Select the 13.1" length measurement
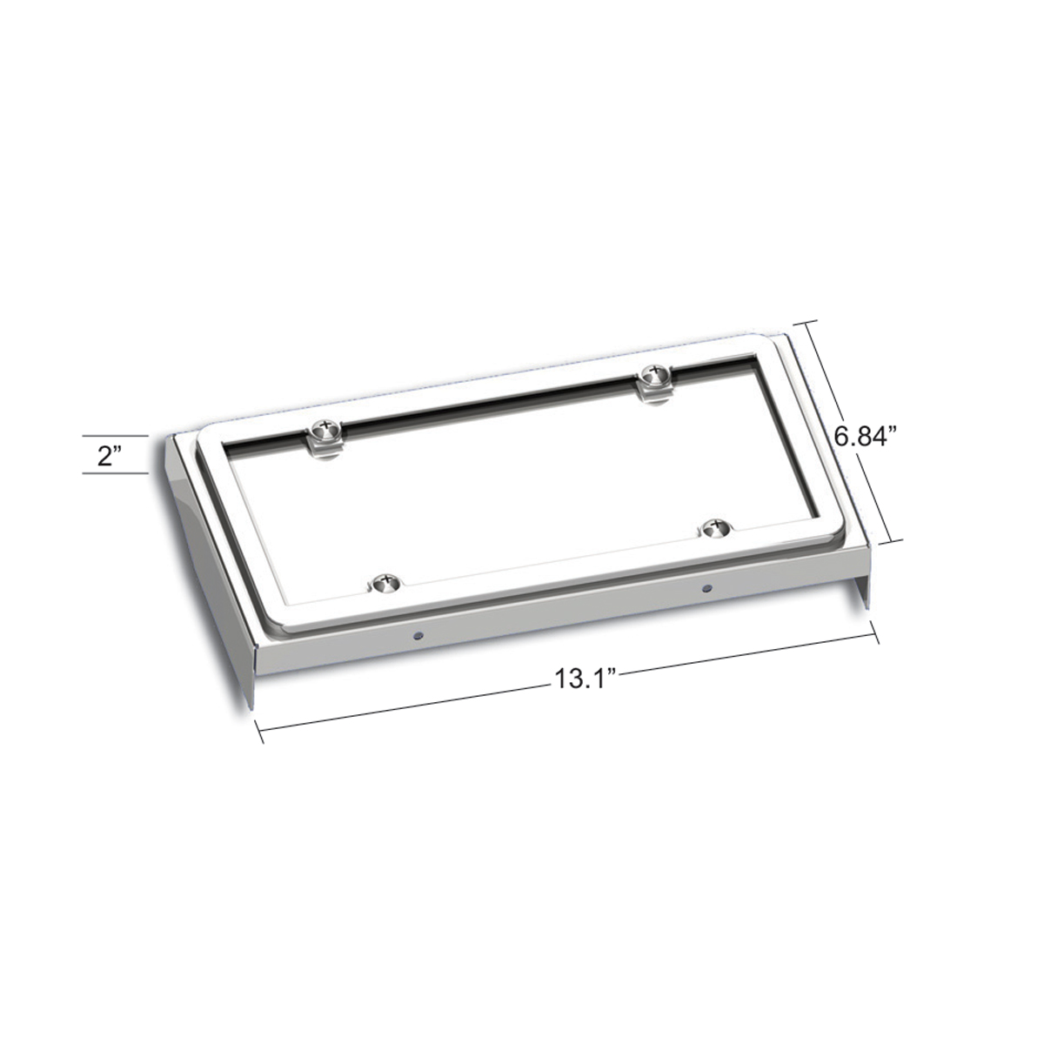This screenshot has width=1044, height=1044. tap(580, 679)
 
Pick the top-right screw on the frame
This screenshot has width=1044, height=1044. tap(651, 376)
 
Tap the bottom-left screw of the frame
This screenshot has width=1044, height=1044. tap(382, 582)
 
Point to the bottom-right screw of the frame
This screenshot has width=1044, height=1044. tap(716, 526)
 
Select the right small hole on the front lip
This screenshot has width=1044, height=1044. tap(705, 588)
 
